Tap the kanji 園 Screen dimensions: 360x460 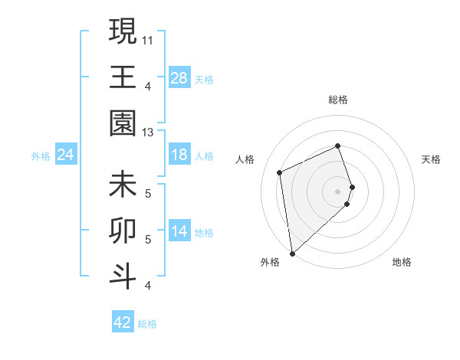[x=123, y=123]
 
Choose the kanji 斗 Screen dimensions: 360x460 [x=123, y=275]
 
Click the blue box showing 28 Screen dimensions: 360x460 [x=179, y=77]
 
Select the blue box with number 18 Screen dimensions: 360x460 [x=179, y=155]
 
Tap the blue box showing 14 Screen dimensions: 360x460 [x=179, y=232]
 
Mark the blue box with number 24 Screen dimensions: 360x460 [x=66, y=155]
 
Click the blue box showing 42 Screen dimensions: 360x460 [x=122, y=322]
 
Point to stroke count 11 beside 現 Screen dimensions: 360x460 [x=148, y=39]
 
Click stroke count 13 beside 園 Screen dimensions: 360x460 [x=148, y=133]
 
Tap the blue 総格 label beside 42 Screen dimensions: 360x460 [x=147, y=324]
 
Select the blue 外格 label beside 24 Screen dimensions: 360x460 [x=41, y=156]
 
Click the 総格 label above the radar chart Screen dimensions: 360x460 [x=338, y=100]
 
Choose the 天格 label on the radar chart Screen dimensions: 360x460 [x=432, y=159]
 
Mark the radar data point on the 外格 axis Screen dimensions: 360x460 [x=292, y=253]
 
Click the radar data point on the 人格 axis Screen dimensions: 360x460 [x=280, y=172]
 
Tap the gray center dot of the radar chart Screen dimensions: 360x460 [x=338, y=191]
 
